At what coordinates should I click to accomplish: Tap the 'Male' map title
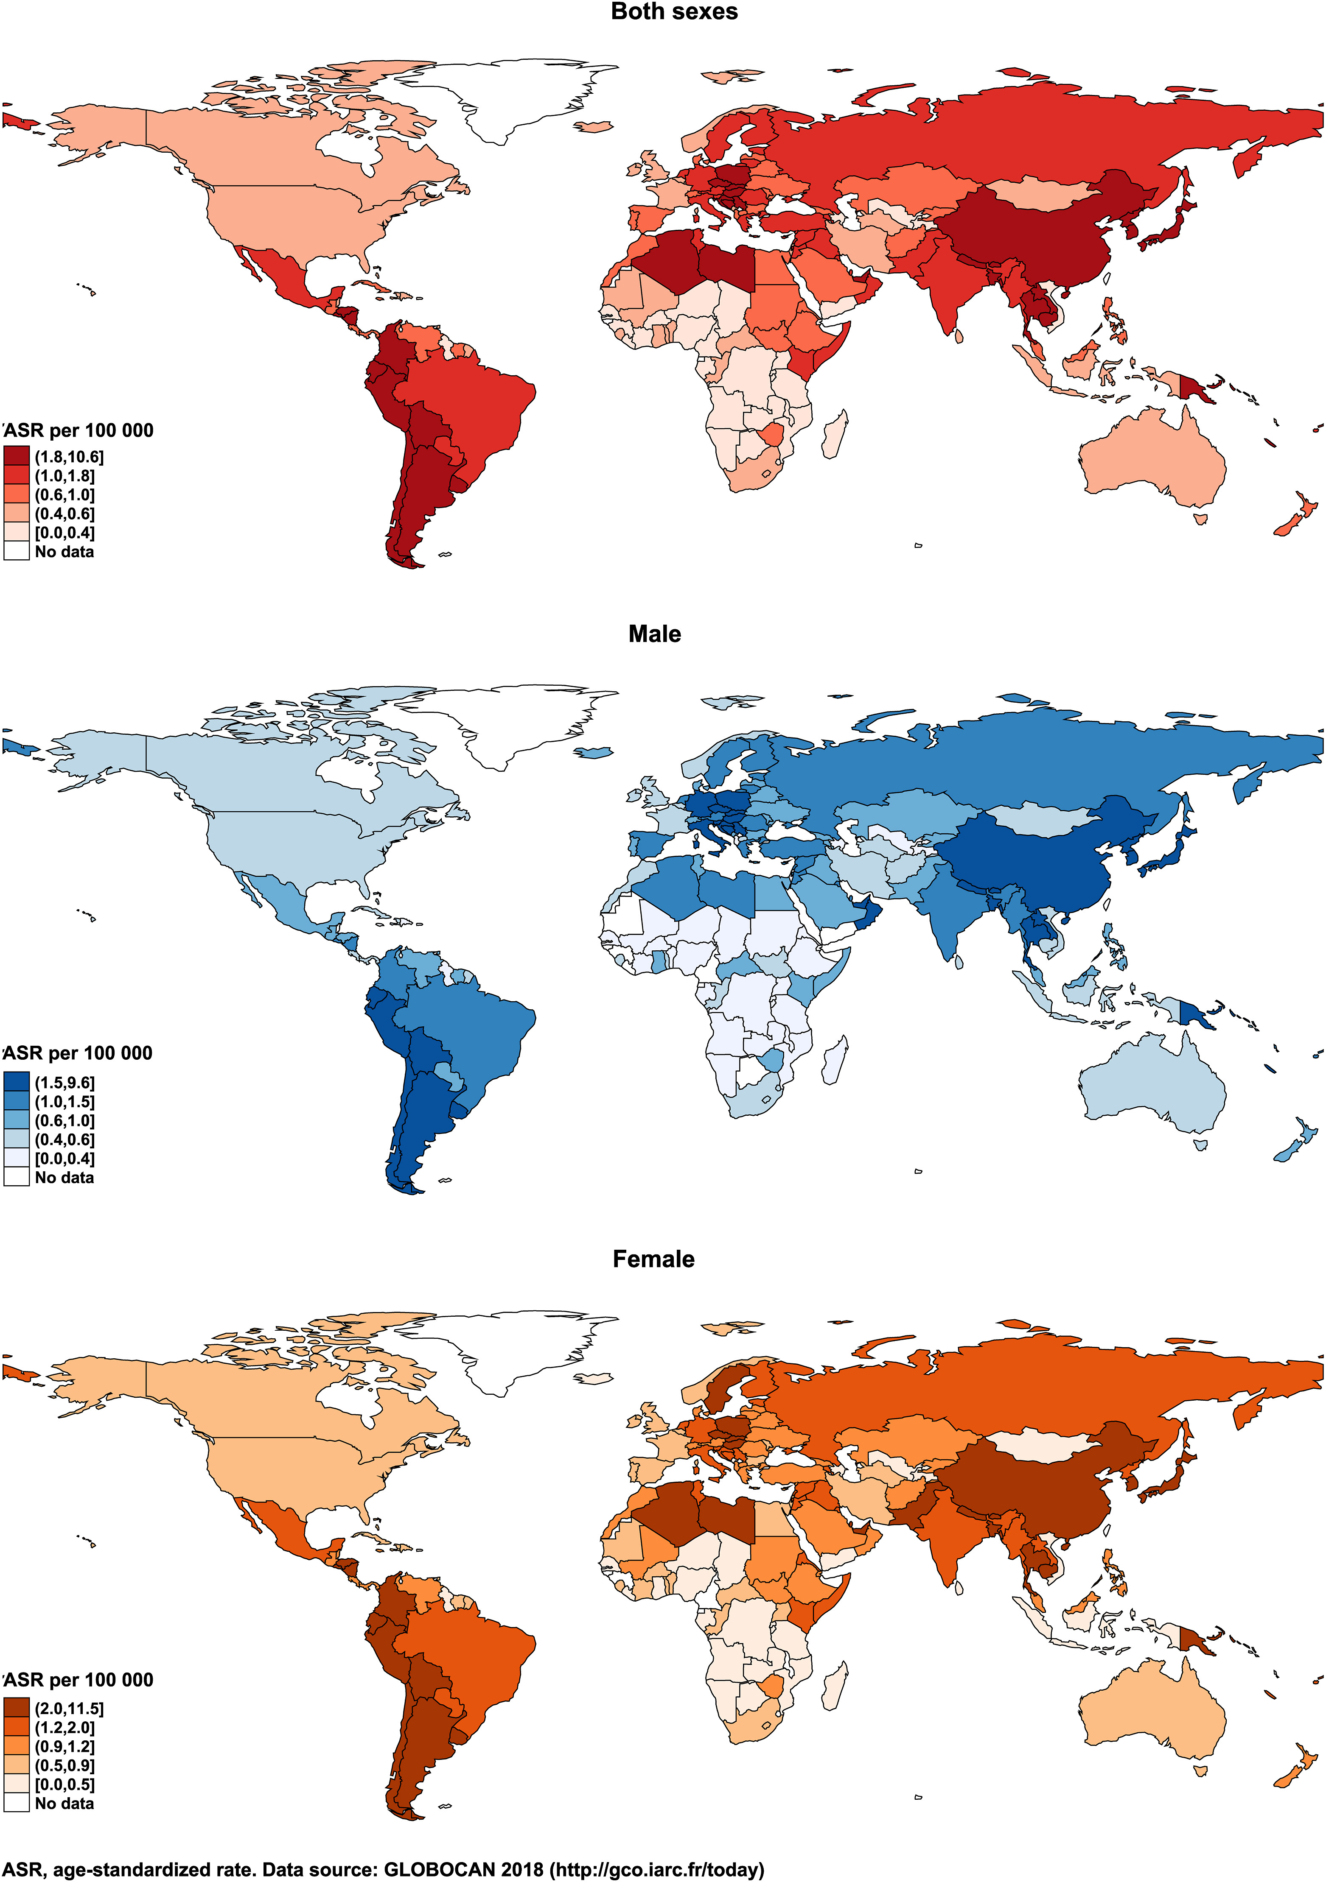point(654,634)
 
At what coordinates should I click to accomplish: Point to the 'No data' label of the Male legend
point(64,1178)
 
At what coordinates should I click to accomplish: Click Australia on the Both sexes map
point(1148,459)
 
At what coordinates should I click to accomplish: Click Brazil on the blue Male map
point(468,1033)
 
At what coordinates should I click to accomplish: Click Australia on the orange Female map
point(1148,1709)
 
